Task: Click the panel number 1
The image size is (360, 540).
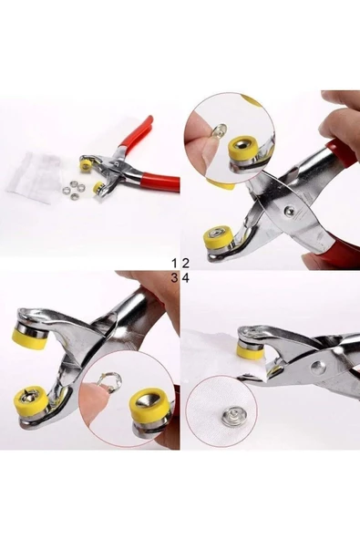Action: click(174, 262)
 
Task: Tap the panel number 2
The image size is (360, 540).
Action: click(186, 262)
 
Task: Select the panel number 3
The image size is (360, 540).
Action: click(174, 277)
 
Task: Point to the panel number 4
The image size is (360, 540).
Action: click(186, 277)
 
